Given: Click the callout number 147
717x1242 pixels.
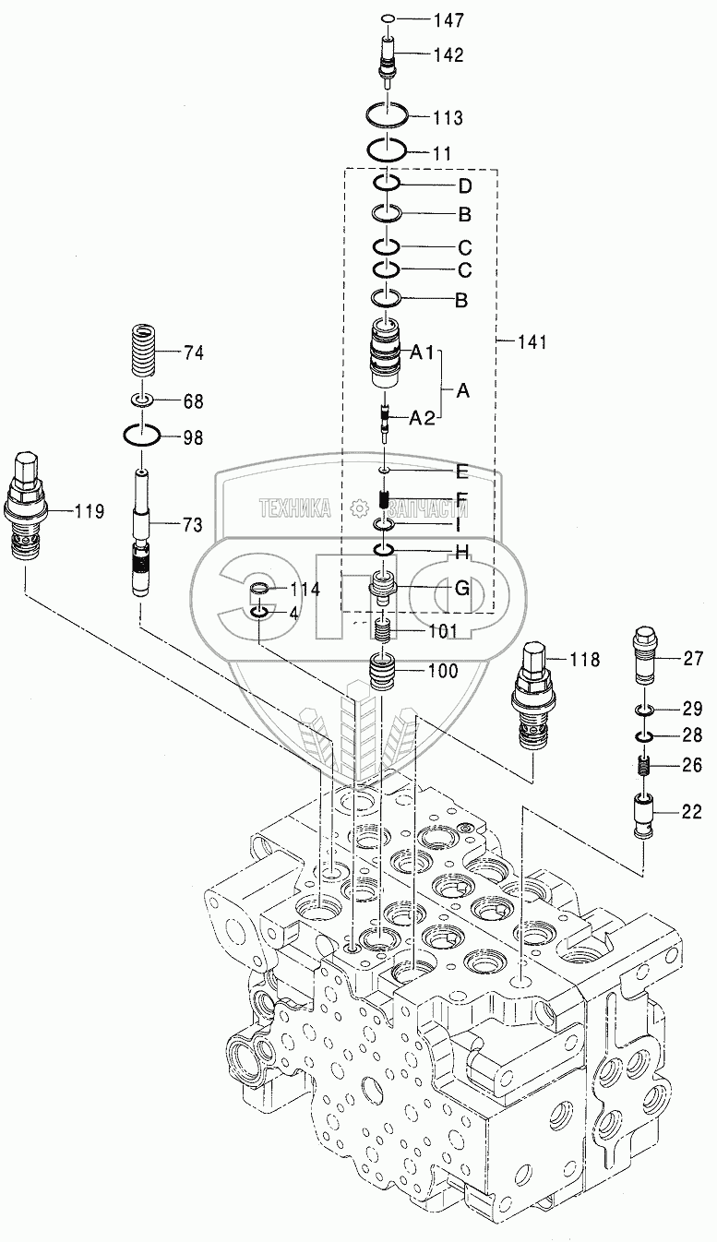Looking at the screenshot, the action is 448,20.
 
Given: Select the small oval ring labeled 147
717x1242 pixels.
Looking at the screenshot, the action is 388,19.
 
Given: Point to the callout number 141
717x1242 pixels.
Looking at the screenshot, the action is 532,342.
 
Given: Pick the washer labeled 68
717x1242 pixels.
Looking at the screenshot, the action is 142,400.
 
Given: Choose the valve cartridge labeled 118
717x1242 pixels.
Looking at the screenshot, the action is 532,697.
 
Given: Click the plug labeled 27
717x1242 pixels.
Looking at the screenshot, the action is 644,656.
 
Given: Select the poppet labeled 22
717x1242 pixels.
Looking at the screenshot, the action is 643,817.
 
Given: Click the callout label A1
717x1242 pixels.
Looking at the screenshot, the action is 422,352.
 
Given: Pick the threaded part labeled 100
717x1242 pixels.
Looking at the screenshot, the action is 383,672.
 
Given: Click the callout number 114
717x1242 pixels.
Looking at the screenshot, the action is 305,589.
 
